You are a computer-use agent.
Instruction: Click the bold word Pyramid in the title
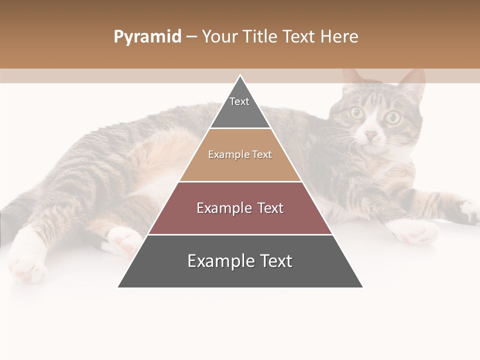click(x=147, y=36)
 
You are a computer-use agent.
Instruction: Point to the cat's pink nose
click(x=371, y=135)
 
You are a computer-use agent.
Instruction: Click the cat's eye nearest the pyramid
click(x=357, y=112)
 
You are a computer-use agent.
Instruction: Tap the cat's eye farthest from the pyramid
click(x=392, y=118)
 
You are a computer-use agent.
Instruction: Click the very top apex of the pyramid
click(x=240, y=76)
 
